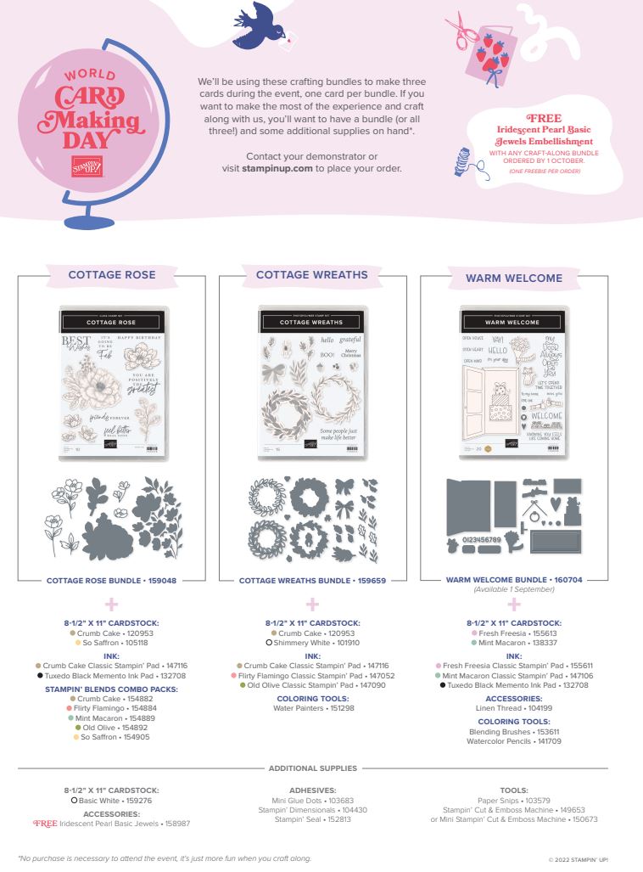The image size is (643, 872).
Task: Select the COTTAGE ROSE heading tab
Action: (x=112, y=275)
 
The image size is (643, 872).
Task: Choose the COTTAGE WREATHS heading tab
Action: (x=312, y=275)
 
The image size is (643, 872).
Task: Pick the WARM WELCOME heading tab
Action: (x=514, y=278)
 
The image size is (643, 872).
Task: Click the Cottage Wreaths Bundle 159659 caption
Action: (x=312, y=581)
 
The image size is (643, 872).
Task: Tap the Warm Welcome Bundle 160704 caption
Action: (x=514, y=581)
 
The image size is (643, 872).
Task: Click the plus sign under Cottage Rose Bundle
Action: (x=110, y=605)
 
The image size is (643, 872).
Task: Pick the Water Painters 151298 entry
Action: (x=312, y=706)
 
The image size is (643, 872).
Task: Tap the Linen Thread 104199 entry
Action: (x=514, y=706)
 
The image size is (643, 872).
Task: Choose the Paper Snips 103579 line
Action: (x=514, y=800)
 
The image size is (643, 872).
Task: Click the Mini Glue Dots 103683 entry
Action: (x=312, y=800)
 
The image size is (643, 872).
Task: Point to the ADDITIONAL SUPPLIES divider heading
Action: (x=312, y=768)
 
